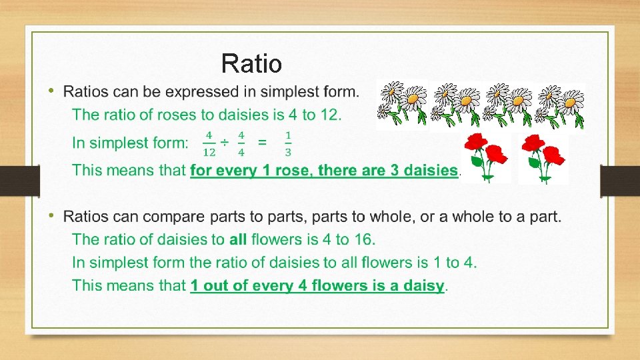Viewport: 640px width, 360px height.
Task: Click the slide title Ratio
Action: click(x=251, y=64)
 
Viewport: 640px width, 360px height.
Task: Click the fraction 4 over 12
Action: click(x=209, y=143)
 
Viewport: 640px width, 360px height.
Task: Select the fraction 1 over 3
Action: click(x=287, y=143)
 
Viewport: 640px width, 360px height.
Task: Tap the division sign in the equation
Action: click(x=225, y=143)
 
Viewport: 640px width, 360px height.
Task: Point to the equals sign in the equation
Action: click(x=263, y=143)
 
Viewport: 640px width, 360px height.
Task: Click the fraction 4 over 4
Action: click(x=241, y=143)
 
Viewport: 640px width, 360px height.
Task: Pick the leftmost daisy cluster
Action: click(x=401, y=105)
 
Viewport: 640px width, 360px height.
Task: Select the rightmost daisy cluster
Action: click(x=560, y=105)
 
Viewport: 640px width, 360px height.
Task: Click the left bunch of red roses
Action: click(x=485, y=157)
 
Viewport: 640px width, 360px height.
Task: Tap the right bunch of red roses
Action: click(x=543, y=157)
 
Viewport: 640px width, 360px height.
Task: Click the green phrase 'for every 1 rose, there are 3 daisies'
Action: click(x=324, y=170)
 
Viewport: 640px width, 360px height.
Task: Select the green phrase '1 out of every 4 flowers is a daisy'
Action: click(x=317, y=286)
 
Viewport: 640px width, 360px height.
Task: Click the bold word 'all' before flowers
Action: click(x=238, y=239)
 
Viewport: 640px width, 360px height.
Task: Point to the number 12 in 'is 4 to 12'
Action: click(x=329, y=115)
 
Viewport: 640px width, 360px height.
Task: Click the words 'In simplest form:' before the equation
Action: click(x=130, y=143)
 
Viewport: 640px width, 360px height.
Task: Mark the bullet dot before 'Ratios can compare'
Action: click(x=53, y=216)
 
